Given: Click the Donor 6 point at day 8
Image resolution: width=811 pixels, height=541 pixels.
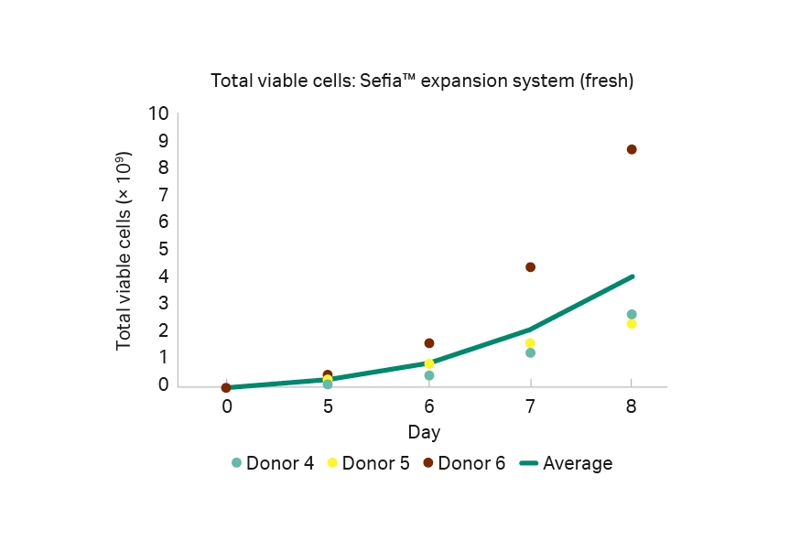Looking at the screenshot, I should point(632,149).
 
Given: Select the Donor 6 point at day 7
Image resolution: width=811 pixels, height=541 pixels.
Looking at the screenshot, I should point(530,267).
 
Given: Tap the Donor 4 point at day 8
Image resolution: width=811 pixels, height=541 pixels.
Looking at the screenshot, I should point(632,314).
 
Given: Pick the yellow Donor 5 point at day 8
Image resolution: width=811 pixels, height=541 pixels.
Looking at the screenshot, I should point(632,324).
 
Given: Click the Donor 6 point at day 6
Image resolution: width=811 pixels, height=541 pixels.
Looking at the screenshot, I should point(429,343).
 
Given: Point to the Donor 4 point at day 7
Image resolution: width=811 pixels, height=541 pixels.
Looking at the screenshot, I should point(530,352).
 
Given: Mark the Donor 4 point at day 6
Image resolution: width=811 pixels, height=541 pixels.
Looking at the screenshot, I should point(429,375).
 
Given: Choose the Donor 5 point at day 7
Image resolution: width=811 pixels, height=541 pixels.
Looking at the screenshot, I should point(530,343).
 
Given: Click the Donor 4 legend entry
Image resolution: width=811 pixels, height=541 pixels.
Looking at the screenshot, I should point(273,463).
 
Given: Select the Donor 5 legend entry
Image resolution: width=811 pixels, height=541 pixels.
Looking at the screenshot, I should point(373,463).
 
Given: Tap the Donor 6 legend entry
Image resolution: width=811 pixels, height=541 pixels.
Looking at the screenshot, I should point(464,463).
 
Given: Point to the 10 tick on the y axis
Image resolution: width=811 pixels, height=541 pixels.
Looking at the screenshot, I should point(159,114).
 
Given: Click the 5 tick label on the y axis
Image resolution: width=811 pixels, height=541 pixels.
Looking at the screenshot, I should point(164,249).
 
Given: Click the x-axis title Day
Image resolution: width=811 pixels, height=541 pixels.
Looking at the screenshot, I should point(424,431).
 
